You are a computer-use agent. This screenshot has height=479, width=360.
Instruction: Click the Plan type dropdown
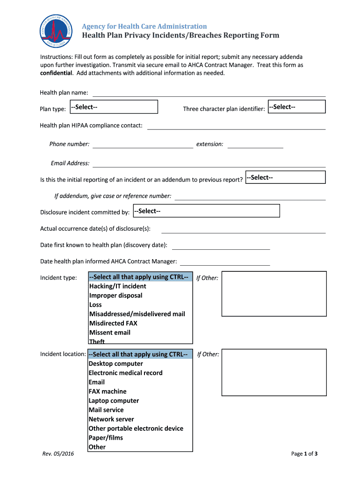(114, 107)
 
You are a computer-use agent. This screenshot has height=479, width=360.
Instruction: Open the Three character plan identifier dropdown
(296, 107)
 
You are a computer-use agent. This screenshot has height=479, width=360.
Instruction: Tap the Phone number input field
(143, 144)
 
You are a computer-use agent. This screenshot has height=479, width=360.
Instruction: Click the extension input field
(255, 144)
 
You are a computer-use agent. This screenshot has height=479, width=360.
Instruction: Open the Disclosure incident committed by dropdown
(206, 211)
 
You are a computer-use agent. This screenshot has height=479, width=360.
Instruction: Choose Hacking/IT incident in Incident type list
(118, 286)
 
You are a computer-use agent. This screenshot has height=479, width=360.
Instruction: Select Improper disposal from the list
(116, 296)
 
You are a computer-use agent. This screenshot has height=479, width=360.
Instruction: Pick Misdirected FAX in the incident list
(114, 323)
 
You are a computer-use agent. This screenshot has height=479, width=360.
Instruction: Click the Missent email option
(110, 333)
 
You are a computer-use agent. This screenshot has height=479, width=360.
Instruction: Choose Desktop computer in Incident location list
(116, 363)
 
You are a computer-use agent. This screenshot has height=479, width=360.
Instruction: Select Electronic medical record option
(126, 373)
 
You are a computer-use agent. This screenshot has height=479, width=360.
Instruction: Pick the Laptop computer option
(114, 401)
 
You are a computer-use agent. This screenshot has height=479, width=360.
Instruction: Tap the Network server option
(111, 419)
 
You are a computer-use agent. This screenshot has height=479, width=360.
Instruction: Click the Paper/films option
(106, 438)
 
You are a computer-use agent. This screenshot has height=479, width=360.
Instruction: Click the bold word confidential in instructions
(56, 73)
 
